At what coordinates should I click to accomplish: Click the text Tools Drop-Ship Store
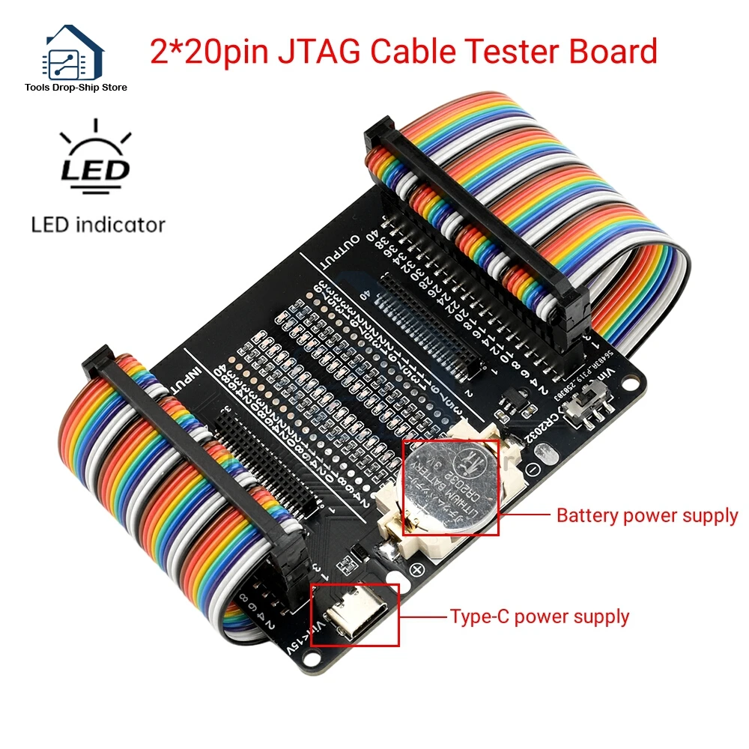pyautogui.click(x=76, y=88)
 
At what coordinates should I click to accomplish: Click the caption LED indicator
pyautogui.click(x=98, y=224)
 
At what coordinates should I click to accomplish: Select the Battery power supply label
pyautogui.click(x=647, y=515)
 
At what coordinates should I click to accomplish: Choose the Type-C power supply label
pyautogui.click(x=539, y=617)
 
